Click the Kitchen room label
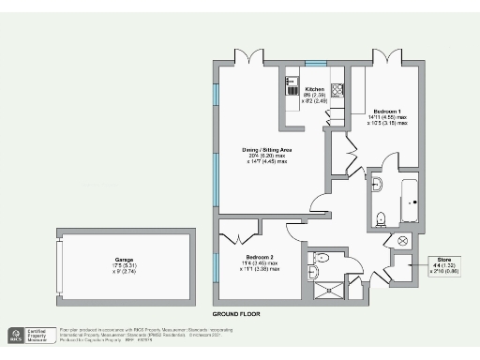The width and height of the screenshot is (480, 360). click(314, 89)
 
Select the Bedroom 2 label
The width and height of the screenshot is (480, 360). click(260, 257)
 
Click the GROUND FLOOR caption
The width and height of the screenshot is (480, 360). click(235, 313)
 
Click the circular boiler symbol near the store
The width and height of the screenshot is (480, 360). click(404, 240)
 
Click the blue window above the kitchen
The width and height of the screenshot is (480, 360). click(315, 64)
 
